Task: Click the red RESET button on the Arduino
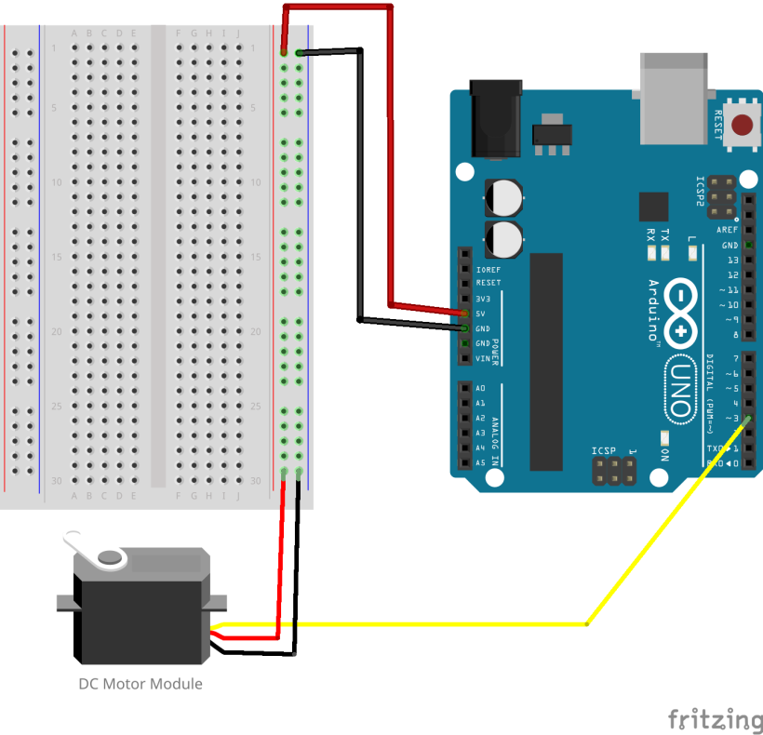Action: click(743, 125)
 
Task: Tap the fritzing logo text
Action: click(715, 719)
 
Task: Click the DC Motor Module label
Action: click(140, 684)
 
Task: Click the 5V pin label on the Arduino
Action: click(481, 314)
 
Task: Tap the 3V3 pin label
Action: click(483, 299)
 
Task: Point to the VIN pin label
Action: click(482, 358)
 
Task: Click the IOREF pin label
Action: click(488, 269)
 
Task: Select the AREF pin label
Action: click(728, 230)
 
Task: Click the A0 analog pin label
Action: click(480, 388)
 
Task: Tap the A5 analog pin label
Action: click(480, 462)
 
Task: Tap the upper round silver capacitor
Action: click(503, 197)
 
